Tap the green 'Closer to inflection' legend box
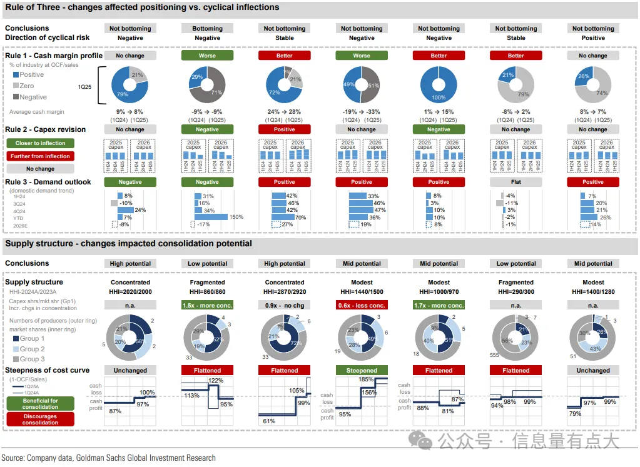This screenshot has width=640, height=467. [40, 143]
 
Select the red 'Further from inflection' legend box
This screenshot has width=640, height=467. [40, 156]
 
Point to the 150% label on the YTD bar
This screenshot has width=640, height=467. [236, 217]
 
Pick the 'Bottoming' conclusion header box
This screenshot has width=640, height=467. [207, 28]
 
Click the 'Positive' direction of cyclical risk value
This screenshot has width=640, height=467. [593, 38]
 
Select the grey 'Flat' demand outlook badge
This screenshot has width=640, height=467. [516, 182]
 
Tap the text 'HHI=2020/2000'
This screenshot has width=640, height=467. [130, 292]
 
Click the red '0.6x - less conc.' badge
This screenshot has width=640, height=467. [362, 305]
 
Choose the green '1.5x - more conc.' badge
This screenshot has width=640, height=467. [207, 305]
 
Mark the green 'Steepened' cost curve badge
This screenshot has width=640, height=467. [362, 370]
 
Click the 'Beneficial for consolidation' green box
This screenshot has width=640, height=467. [40, 404]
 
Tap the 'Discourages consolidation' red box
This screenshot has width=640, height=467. [40, 419]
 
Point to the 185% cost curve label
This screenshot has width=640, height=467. [367, 379]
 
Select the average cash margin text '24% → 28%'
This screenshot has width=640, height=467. [284, 112]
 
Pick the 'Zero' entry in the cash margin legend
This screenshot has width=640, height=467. [26, 86]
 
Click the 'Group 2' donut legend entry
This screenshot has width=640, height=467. [32, 349]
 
